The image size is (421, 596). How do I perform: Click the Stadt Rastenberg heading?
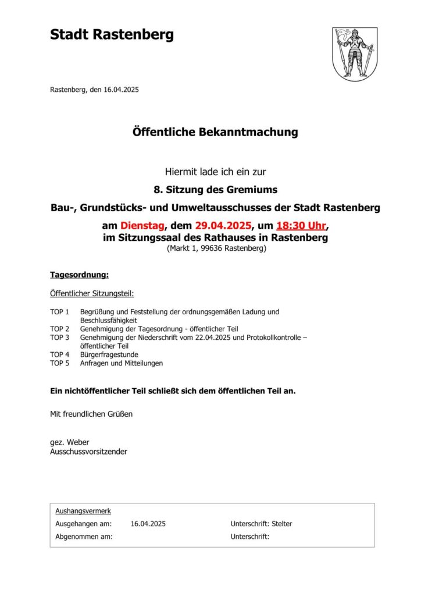pyautogui.click(x=112, y=35)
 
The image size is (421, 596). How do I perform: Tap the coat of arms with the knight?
pyautogui.click(x=355, y=54)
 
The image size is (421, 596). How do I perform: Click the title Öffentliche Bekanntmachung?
pyautogui.click(x=215, y=132)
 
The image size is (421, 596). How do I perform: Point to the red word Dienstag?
pyautogui.click(x=143, y=226)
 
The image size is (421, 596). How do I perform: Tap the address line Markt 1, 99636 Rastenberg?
pyautogui.click(x=216, y=249)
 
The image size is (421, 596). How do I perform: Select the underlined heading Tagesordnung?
pyautogui.click(x=79, y=274)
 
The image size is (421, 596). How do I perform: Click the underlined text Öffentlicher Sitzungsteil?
pyautogui.click(x=92, y=294)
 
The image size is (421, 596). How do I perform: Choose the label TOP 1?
pyautogui.click(x=60, y=312)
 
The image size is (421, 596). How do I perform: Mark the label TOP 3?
pyautogui.click(x=60, y=337)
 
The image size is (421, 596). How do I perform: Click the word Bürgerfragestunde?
pyautogui.click(x=109, y=354)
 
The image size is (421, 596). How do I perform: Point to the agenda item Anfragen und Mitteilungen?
pyautogui.click(x=122, y=363)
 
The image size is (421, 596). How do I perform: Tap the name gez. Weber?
pyautogui.click(x=70, y=442)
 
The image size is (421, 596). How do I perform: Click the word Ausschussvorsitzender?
pyautogui.click(x=88, y=451)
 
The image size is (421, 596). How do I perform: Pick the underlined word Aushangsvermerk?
pyautogui.click(x=83, y=511)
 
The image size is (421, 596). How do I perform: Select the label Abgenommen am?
pyautogui.click(x=84, y=537)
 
